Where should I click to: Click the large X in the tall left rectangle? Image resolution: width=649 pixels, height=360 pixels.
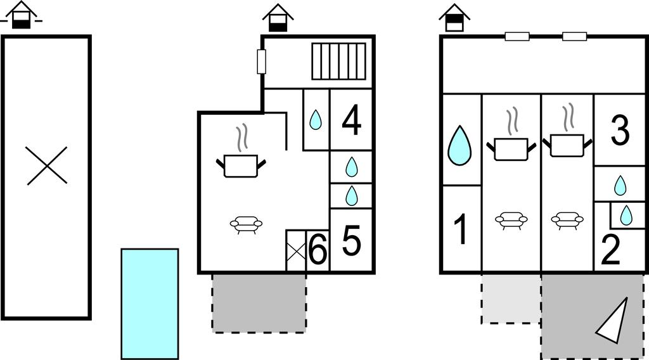pos(47,165)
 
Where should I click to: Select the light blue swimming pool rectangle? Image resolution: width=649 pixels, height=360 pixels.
pos(150,304)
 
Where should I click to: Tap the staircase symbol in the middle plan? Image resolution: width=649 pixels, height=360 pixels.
pos(339,61)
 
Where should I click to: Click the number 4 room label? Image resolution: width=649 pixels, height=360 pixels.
pos(351,120)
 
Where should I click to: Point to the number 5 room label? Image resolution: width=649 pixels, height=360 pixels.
pos(351,240)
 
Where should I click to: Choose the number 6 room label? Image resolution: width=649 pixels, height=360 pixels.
pos(318,250)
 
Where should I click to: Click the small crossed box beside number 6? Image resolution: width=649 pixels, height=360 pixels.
pos(296,250)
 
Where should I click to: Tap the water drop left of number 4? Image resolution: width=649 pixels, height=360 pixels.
pos(316,120)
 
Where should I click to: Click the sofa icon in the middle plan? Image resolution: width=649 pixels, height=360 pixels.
pos(247,224)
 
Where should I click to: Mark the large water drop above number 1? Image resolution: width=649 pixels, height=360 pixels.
pos(459,146)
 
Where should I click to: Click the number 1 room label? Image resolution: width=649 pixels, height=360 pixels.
pos(460,229)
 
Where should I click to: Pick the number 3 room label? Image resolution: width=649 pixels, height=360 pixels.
pos(620,131)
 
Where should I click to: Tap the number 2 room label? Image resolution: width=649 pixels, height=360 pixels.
pos(610,250)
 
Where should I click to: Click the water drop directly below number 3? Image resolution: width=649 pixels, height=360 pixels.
pos(620,185)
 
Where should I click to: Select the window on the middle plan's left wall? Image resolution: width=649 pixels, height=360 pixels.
pos(262,61)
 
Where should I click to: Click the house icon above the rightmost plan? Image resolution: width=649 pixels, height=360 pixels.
pos(454,18)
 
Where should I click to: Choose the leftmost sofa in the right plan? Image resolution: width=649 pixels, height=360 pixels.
pos(511,220)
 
